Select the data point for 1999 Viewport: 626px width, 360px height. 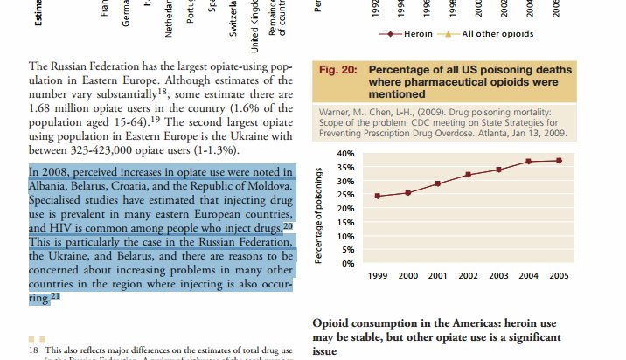coord(377,196)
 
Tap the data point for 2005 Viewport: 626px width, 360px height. coord(559,160)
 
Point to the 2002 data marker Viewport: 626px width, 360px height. coord(468,175)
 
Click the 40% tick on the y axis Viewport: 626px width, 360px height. coord(344,154)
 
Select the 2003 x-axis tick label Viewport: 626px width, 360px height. coord(498,276)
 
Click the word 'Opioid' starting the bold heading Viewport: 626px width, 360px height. coord(333,323)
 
